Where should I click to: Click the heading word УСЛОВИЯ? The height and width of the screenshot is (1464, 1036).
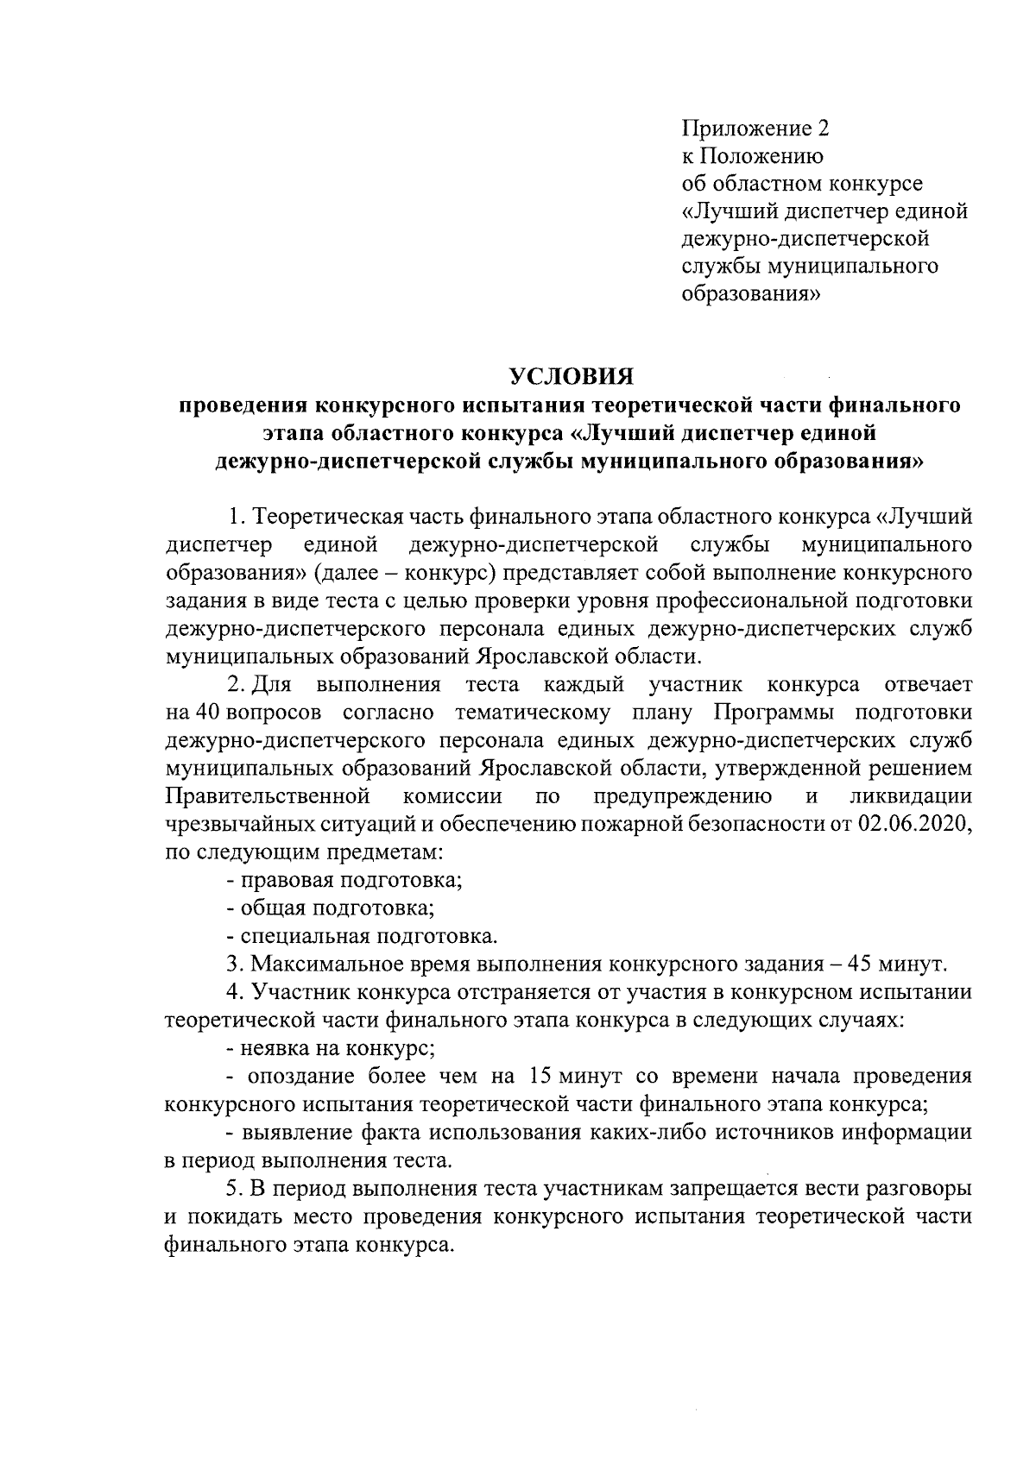[571, 377]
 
